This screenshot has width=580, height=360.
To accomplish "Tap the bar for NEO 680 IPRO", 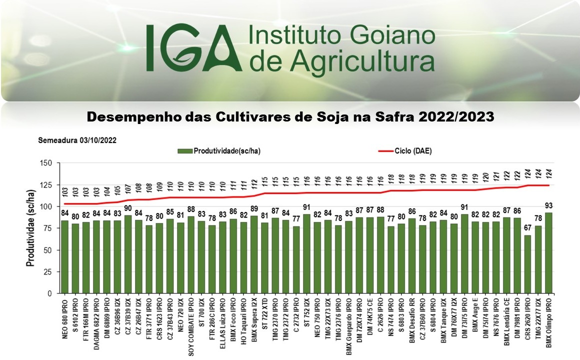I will click(64, 257).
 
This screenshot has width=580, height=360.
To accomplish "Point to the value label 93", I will click(548, 206).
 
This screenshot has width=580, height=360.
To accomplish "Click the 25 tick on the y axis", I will click(48, 272).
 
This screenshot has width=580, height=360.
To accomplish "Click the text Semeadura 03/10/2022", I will click(77, 140).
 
